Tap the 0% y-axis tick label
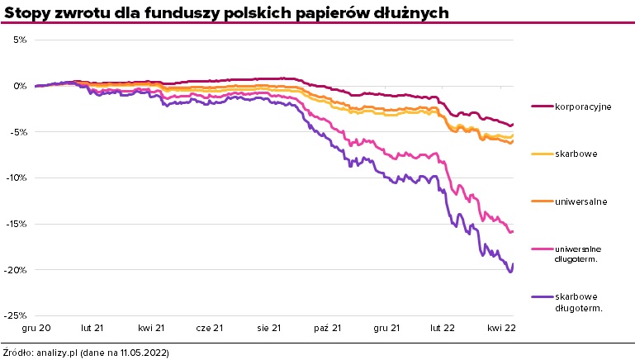[21, 86]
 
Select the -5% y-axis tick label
[20, 131]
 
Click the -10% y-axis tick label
[18, 178]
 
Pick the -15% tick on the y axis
[18, 224]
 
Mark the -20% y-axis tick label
[18, 270]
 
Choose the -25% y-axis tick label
[18, 315]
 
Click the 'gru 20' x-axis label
[37, 329]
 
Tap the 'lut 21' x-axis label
[92, 329]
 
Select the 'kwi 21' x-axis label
[151, 329]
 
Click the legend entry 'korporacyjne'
[582, 107]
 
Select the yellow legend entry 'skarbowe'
[576, 154]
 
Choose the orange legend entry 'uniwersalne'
[581, 201]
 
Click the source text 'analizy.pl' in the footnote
[57, 353]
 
